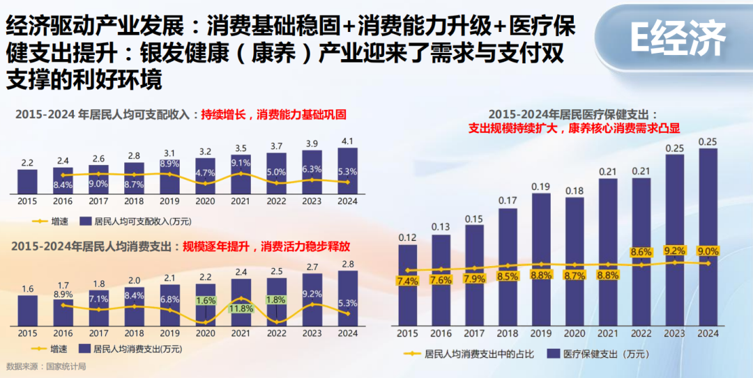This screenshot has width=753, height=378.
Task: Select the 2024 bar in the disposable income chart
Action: point(348,171)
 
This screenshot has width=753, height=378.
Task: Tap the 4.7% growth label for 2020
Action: point(206,172)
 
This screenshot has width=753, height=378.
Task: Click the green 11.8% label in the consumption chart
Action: point(241,309)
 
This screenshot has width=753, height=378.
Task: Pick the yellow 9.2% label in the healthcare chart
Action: point(675,250)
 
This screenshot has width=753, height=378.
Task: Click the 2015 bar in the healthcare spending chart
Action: point(408,285)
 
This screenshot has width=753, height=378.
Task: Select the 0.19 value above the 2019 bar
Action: point(541,187)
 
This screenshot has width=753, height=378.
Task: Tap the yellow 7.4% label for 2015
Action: point(408,281)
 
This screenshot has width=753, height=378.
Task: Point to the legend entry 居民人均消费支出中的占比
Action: point(469,354)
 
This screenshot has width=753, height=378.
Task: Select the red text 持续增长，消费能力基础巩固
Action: point(273,115)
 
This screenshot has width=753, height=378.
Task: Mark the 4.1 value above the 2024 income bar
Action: point(348,141)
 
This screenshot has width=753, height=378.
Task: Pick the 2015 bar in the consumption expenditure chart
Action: point(28,311)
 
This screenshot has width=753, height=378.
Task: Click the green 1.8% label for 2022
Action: point(277,299)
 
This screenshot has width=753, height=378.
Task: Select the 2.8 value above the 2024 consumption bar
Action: point(348,265)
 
